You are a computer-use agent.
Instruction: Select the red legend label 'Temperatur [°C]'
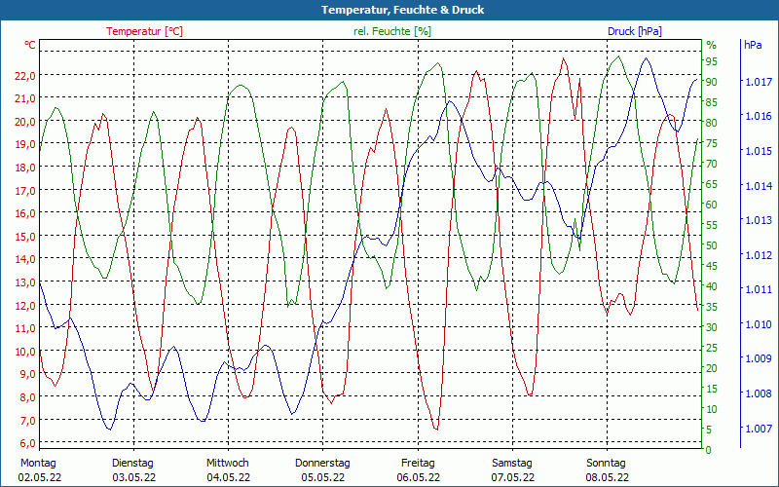point(144,31)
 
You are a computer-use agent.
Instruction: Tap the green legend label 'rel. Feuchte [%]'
point(392,31)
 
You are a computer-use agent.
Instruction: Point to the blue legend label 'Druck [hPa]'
point(635,31)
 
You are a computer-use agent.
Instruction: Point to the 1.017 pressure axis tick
point(757,82)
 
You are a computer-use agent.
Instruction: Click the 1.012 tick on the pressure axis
point(757,255)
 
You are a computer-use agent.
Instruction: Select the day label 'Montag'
point(38,463)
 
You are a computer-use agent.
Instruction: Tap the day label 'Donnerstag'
point(322,463)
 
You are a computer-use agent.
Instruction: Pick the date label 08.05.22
point(607,477)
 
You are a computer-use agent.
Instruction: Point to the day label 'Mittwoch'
point(227,463)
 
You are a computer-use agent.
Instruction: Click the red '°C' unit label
point(30,46)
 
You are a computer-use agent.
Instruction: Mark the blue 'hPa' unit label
point(753,46)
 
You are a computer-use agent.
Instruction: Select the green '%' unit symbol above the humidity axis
point(711,46)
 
